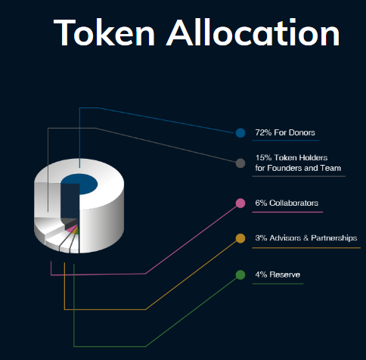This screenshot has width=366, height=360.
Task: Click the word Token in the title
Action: (104, 33)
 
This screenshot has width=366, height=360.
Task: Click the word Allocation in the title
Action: (253, 33)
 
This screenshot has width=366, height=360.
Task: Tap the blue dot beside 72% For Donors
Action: (240, 133)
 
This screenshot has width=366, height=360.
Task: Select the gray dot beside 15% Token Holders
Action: (240, 163)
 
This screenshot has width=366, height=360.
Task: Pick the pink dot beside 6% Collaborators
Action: (240, 203)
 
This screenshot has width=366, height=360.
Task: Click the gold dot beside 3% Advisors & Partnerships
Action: (240, 238)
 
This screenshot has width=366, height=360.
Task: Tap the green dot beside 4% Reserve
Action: (240, 275)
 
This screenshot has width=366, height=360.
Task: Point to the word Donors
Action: (302, 132)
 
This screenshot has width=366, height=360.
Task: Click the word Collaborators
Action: (293, 203)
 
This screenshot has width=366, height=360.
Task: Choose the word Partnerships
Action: (334, 238)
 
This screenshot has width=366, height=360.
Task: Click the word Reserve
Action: (285, 275)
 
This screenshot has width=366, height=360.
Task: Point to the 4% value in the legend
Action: (261, 275)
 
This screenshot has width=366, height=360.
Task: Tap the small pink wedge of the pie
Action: (71, 229)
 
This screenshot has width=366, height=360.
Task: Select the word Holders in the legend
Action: (313, 158)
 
